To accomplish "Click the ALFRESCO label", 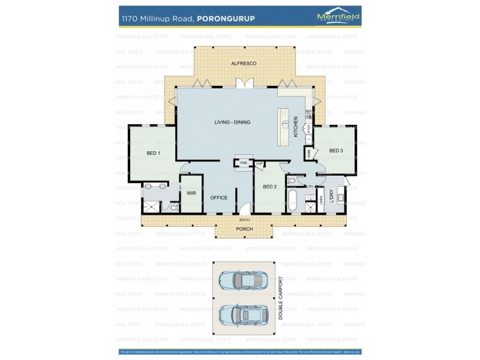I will [x=244, y=63].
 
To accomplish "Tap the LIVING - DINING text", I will [x=232, y=122].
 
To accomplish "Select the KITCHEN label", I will [x=295, y=127].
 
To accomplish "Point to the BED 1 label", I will [x=153, y=154].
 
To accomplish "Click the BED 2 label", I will [x=269, y=187].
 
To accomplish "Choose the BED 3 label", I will [x=336, y=151].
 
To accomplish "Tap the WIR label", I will [x=191, y=193].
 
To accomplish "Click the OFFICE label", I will [x=218, y=197].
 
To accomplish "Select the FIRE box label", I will [x=244, y=163].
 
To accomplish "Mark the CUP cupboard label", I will [x=259, y=163].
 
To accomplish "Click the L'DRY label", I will [x=331, y=196].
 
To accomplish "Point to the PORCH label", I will [x=244, y=229].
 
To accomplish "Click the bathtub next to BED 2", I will [x=292, y=200].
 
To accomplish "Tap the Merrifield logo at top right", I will [x=338, y=17].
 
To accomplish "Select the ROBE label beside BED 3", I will [x=309, y=153].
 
